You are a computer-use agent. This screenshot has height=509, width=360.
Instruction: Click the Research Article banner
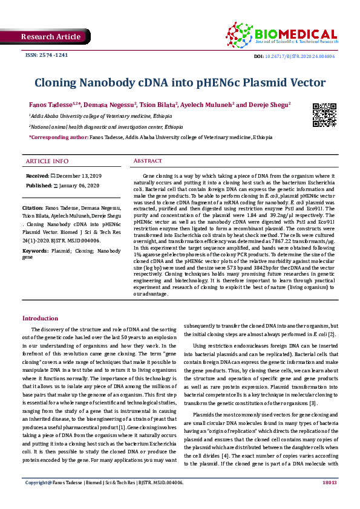click(51, 37)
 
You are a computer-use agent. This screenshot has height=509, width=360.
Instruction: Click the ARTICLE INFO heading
click(47, 161)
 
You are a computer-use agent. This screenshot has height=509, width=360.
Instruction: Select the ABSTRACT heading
click(147, 161)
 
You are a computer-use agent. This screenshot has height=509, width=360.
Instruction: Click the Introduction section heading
click(40, 318)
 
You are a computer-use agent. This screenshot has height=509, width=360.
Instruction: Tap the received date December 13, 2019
click(76, 175)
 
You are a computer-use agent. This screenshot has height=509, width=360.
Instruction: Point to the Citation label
click(33, 207)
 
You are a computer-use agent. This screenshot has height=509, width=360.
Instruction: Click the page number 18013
click(330, 500)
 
